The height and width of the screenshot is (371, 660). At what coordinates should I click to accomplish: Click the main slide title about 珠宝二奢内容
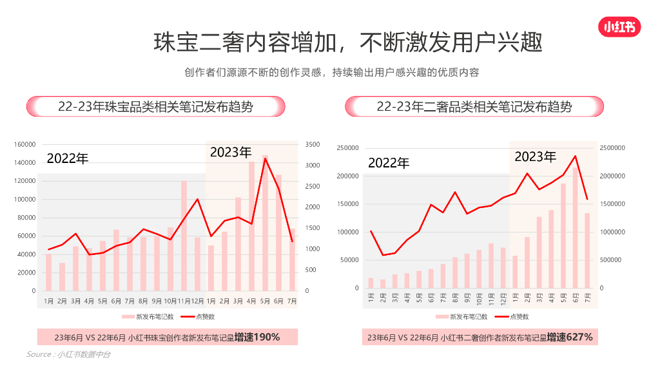(347, 43)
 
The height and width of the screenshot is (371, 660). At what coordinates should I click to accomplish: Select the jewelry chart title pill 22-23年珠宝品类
(155, 106)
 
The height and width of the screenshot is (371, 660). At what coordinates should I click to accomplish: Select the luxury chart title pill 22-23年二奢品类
(474, 106)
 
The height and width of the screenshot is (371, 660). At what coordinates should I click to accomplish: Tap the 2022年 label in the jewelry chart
(67, 158)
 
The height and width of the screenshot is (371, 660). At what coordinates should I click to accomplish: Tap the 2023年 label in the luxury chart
(535, 157)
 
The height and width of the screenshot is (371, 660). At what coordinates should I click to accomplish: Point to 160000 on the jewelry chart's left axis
(24, 144)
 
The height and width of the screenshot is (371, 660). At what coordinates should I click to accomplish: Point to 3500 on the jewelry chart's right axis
(311, 144)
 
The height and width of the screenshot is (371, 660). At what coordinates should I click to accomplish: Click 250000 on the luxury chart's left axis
(347, 148)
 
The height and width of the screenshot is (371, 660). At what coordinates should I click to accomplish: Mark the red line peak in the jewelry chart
(265, 158)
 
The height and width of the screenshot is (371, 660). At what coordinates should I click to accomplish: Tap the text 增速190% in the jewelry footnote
(257, 337)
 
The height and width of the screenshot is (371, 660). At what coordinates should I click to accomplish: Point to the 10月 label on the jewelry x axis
(170, 301)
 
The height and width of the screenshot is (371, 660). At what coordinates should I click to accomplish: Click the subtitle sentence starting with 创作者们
(331, 72)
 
